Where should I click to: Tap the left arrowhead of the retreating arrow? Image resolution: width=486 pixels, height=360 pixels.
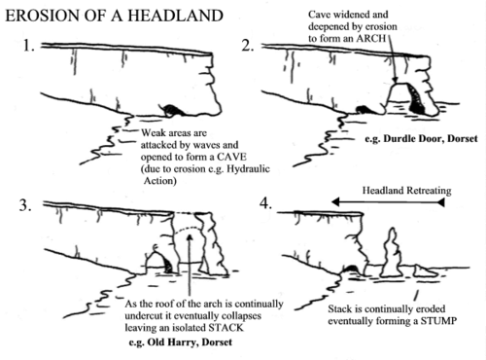tap(331, 201)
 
